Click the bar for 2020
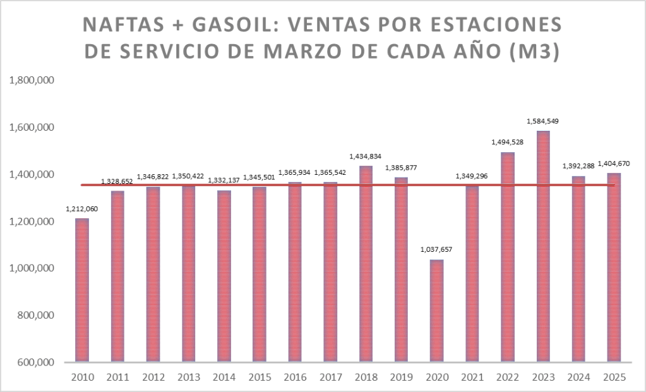click(436, 311)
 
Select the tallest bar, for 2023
click(542, 246)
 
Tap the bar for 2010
click(82, 290)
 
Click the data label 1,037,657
click(436, 250)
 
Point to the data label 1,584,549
click(542, 121)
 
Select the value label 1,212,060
click(82, 209)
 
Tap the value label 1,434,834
click(366, 156)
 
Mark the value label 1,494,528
click(507, 143)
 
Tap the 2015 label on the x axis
click(260, 377)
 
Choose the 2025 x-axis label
click(614, 377)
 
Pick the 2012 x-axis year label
click(153, 377)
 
